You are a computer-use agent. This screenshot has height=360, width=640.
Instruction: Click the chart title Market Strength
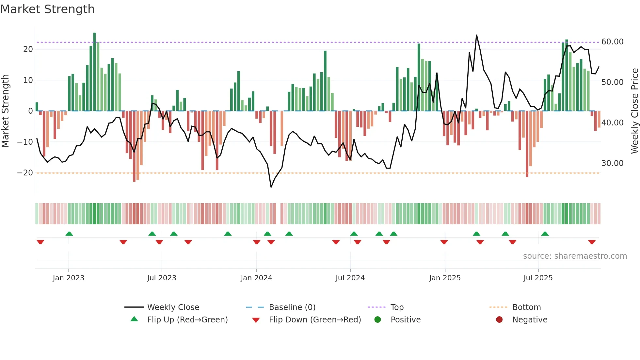click(x=47, y=9)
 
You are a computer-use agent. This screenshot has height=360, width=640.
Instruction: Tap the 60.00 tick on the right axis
click(x=612, y=42)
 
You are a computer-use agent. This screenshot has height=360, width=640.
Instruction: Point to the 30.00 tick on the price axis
click(x=612, y=163)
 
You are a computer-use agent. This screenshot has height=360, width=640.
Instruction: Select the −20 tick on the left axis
click(x=25, y=173)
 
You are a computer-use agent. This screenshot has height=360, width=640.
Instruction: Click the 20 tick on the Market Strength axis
click(x=28, y=49)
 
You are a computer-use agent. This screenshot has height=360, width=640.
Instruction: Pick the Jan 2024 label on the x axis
click(x=256, y=278)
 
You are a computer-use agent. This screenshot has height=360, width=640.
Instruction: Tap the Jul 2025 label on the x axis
click(x=538, y=278)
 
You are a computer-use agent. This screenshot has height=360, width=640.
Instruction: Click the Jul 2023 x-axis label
click(x=162, y=278)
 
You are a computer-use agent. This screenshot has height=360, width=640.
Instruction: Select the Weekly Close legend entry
click(x=173, y=307)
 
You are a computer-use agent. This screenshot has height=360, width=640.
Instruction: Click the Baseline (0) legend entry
click(x=292, y=307)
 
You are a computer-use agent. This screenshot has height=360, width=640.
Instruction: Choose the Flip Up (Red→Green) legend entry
click(x=187, y=320)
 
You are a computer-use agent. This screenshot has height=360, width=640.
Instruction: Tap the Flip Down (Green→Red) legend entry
click(x=314, y=320)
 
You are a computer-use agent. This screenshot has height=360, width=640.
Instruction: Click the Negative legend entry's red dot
click(x=499, y=319)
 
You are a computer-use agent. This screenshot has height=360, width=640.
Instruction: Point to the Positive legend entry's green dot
click(x=377, y=319)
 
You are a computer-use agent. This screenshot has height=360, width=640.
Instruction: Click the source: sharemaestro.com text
click(x=575, y=256)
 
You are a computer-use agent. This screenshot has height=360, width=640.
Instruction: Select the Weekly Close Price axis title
click(x=634, y=111)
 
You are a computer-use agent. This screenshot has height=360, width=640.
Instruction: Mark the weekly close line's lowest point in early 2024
click(x=271, y=187)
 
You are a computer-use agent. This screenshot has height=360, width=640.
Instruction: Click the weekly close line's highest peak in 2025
click(x=476, y=35)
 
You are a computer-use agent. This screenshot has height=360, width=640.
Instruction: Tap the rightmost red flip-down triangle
click(x=592, y=242)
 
